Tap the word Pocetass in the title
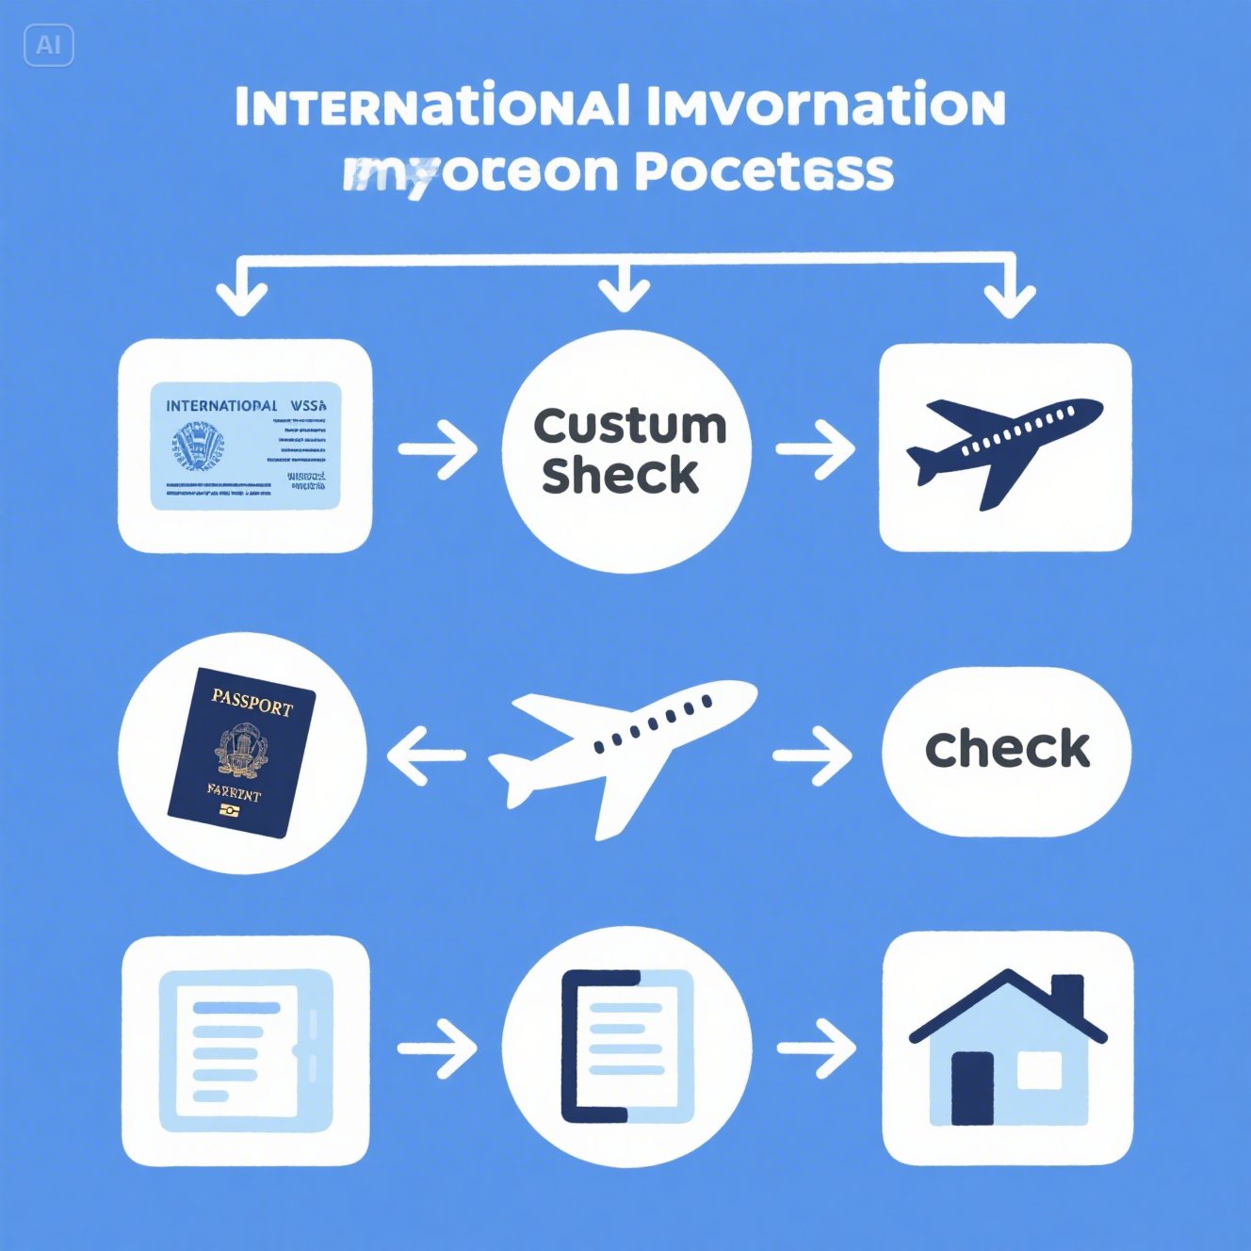pos(764,171)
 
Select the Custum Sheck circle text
pos(628,450)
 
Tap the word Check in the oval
pos(1007,750)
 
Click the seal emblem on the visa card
pos(198,446)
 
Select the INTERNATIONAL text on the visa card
pos(221,406)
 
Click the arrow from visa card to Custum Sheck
pos(438,448)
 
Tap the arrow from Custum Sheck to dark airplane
pos(816,448)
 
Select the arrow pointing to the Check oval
pos(813,755)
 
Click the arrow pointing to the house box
pos(817,1047)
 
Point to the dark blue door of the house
pos(972,1087)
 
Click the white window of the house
pos(1039,1070)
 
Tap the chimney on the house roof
pos(1067,998)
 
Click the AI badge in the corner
pos(48,45)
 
